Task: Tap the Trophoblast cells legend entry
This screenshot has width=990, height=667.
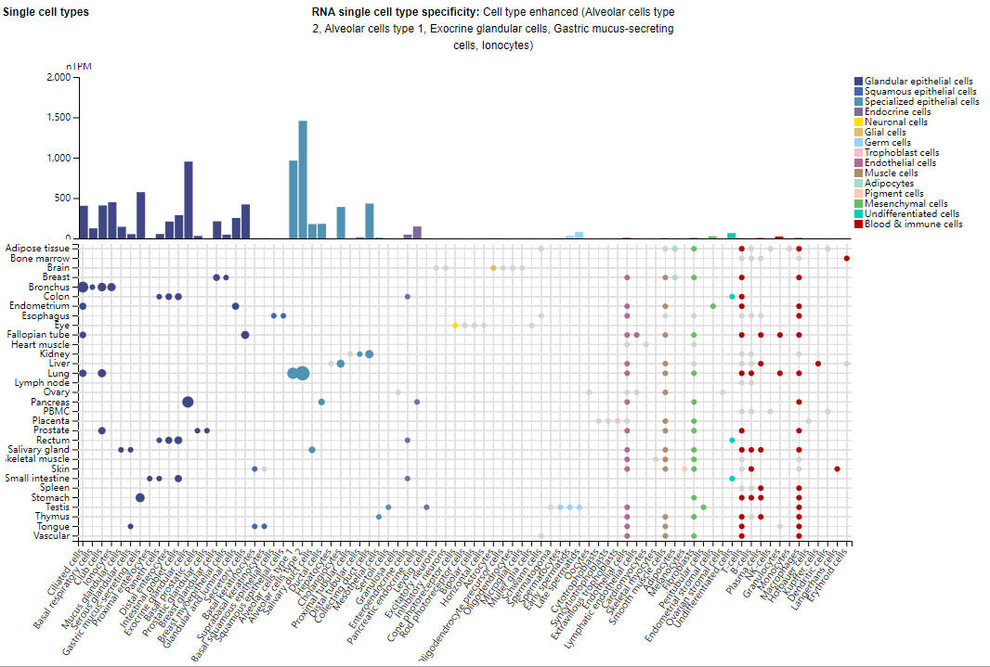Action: [901, 153]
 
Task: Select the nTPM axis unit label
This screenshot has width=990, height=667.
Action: [79, 67]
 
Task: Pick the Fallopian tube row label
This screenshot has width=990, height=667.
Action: [38, 334]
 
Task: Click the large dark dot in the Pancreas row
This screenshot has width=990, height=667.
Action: [188, 402]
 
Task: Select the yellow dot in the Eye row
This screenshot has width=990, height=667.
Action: [455, 326]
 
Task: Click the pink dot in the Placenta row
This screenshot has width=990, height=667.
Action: [618, 421]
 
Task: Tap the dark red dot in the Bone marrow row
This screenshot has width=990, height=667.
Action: [847, 258]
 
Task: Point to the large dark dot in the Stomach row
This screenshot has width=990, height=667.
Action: [140, 497]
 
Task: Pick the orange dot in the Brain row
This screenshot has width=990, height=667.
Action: [493, 267]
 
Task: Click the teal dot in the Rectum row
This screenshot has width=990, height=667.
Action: [732, 440]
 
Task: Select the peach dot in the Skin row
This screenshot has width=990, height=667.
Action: [684, 468]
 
